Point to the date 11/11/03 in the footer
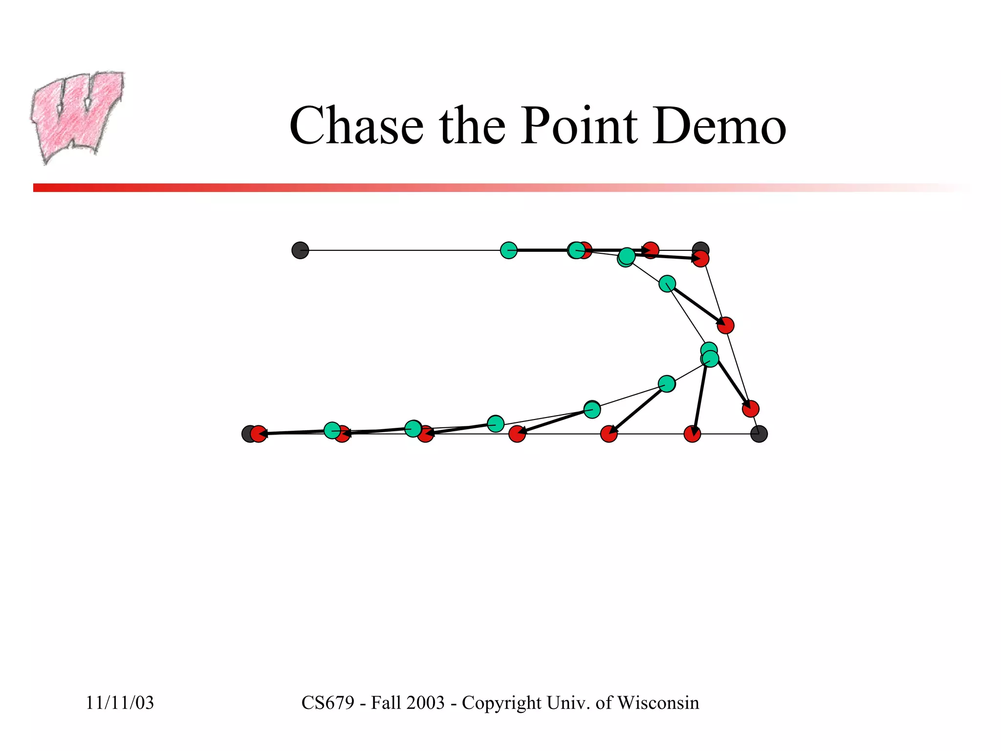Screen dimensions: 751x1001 120,703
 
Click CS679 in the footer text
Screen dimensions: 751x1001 327,703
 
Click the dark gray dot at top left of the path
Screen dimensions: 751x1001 300,250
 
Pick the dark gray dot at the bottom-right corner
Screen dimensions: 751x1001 759,434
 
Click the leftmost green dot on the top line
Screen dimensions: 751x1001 509,250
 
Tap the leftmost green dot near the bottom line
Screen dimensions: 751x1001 332,430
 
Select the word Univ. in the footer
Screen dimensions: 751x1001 568,703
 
